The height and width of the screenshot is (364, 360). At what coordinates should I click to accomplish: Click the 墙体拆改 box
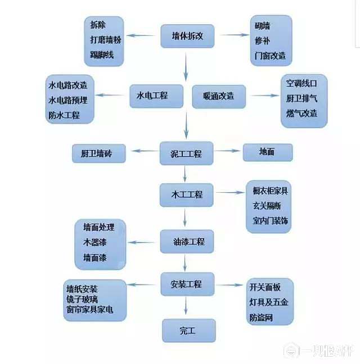coord(187,36)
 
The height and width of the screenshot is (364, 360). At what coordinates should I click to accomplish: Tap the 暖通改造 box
coord(211,96)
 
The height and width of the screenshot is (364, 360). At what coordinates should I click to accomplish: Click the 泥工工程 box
coord(186,153)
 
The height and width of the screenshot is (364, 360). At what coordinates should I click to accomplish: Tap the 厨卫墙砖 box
coord(98,153)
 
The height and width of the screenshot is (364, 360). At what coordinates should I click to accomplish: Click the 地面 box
coord(267,152)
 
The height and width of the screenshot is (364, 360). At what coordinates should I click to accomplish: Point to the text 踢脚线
coord(102,54)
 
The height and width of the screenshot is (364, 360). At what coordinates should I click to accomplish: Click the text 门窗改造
coord(271,56)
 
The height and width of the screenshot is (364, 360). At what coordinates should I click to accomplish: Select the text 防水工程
coord(64,116)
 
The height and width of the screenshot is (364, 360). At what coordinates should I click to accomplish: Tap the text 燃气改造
coord(301,113)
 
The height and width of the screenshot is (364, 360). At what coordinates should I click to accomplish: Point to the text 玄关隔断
coord(267,206)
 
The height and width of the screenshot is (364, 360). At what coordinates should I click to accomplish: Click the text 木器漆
coord(94,243)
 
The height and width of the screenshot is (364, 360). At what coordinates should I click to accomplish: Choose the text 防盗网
coord(261,318)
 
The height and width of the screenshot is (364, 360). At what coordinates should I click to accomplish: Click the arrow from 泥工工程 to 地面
coord(228,151)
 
